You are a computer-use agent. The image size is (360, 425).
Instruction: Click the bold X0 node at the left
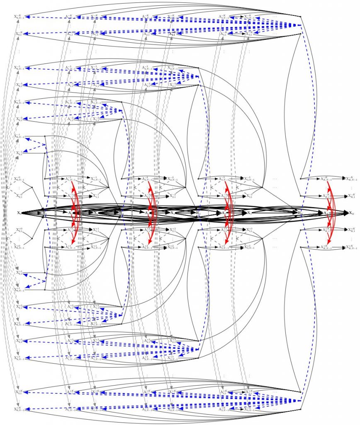[x=19, y=212]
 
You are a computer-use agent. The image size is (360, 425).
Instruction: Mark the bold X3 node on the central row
[x=249, y=212]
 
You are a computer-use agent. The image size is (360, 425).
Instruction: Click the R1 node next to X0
[x=45, y=212]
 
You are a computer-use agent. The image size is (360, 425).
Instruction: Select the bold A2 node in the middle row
[x=147, y=212]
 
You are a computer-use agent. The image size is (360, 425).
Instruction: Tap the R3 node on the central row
[x=198, y=212]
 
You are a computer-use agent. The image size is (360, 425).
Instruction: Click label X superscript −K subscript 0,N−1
[x=19, y=17]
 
